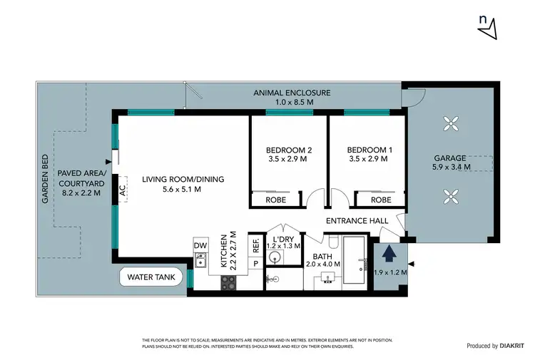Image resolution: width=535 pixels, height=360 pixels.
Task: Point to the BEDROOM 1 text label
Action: coord(367,150)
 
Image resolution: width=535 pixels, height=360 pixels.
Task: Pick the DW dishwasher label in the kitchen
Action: coord(199,246)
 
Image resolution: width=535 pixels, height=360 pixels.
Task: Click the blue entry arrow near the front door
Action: coord(388,252)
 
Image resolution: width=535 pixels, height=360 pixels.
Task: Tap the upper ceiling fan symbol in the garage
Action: coord(450,124)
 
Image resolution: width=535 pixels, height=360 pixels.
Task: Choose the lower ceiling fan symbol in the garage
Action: coord(450,194)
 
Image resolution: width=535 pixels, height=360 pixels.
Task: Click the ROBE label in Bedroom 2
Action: coord(276,200)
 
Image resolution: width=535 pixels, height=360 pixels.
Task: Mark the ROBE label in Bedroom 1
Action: coord(382,200)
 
